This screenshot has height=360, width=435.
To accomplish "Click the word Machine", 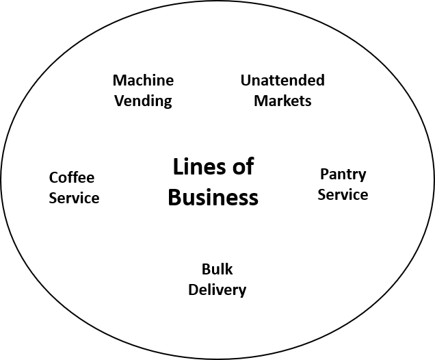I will point(143,81).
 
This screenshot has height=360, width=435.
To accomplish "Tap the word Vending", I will point(143,101).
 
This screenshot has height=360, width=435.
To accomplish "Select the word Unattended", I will point(282,81).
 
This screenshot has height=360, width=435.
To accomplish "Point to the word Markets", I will point(282,101).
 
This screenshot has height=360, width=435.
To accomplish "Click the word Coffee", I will point(72,178).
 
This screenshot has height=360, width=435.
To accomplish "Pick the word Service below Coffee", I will point(74,198).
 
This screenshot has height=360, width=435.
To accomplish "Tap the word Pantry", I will point(343,175).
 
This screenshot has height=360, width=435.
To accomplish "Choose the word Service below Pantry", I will point(343,195).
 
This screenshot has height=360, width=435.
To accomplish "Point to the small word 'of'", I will point(243,166).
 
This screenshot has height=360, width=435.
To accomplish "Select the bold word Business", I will point(213,198).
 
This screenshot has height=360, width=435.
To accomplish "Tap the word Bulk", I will point(217,269).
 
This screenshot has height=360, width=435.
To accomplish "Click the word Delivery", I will point(217,290).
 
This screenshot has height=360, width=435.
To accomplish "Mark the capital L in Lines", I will point(177,166).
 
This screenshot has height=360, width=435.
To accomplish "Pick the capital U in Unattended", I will point(246,81).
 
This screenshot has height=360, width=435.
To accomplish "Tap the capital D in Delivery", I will point(193,290).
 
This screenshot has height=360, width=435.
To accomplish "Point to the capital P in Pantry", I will point(324,175).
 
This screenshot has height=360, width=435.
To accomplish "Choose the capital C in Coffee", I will point(53,178).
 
